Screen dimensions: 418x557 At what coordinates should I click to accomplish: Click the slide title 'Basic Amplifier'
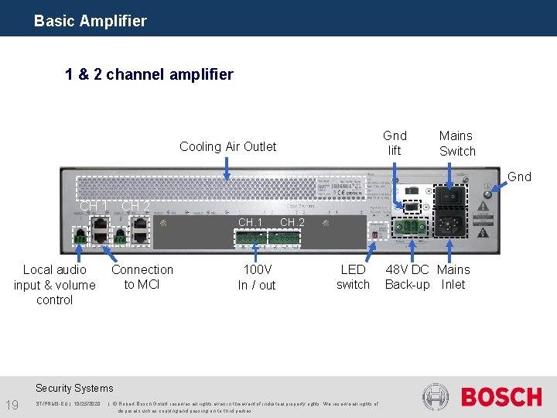pos(90,21)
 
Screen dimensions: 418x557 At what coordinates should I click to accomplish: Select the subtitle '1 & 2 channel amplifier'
pos(149,74)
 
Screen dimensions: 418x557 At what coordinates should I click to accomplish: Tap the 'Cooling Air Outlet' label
pos(227,146)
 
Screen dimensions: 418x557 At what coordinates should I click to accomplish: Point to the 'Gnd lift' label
pos(395,143)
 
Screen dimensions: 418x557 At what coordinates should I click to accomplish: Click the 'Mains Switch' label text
pos(456,143)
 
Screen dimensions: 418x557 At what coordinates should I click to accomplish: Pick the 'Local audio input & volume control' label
pos(54,284)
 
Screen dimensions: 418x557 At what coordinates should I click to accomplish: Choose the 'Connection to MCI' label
pos(142,276)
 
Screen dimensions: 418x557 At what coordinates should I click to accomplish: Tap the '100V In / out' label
pos(257,277)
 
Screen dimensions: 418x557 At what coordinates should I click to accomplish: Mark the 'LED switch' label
pos(353,276)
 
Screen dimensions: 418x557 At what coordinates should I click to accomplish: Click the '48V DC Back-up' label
pos(407,276)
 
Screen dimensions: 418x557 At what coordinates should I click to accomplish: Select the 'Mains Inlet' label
pos(453,276)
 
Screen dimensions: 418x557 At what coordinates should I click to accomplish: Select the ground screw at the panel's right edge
pos(487,195)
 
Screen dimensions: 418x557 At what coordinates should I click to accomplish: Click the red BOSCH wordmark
pos(501,397)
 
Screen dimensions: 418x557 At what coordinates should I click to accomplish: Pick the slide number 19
pos(12,405)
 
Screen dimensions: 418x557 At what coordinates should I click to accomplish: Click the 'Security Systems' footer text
pos(74,388)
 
